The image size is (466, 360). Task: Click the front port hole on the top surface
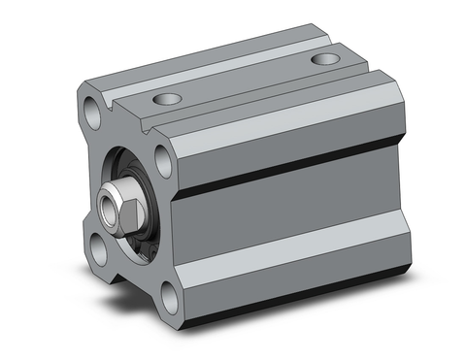click(167, 99)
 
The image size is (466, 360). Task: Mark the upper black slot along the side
click(291, 163)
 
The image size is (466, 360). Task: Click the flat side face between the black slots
click(291, 213)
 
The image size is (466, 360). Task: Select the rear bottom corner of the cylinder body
click(398, 272)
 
